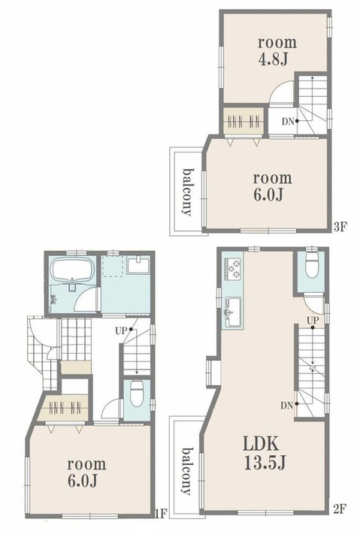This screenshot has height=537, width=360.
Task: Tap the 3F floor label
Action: (340, 227)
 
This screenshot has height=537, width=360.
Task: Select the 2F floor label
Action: (340, 509)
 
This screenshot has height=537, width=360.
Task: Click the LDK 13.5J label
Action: (265, 453)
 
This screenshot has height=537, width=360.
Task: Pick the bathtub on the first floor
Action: (72, 269)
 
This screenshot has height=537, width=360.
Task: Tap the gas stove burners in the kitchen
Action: (232, 268)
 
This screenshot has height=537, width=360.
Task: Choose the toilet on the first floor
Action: (137, 394)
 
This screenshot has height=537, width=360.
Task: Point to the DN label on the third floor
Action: (289, 121)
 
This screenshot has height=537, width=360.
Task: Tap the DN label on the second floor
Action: (287, 406)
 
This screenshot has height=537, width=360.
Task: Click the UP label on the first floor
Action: (121, 330)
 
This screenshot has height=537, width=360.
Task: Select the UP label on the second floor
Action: (313, 321)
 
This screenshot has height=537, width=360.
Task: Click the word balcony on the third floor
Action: (187, 192)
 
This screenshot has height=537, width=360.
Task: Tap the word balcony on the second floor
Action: (187, 472)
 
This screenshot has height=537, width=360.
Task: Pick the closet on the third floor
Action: (244, 121)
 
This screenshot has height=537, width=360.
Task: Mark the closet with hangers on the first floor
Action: (65, 408)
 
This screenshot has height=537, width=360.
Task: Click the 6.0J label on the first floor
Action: (82, 481)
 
